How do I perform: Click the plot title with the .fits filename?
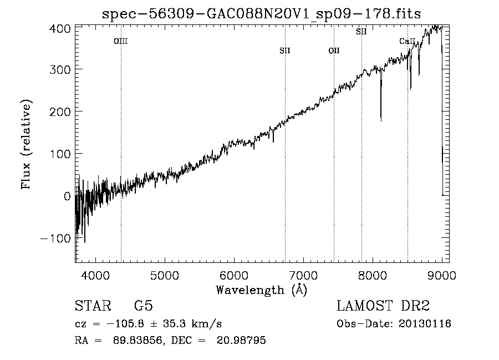(261, 14)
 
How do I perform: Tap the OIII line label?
(121, 41)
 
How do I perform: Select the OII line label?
(334, 50)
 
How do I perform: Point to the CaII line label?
(408, 41)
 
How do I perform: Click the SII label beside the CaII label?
(361, 32)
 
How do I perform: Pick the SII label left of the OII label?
(285, 50)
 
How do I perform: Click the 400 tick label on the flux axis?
(60, 29)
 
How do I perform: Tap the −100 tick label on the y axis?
(55, 238)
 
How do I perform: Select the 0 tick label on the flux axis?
(67, 196)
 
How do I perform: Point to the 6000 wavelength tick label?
(234, 275)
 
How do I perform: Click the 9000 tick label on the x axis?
(442, 275)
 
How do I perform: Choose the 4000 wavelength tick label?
(95, 275)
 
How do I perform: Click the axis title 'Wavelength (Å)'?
(262, 290)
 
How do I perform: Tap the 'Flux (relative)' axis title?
(26, 145)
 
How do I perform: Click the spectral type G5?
(144, 306)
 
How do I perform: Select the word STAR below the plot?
(93, 306)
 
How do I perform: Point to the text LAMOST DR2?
(383, 306)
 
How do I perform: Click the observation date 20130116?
(425, 324)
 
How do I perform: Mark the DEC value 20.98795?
(241, 340)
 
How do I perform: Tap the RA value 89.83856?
(138, 340)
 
